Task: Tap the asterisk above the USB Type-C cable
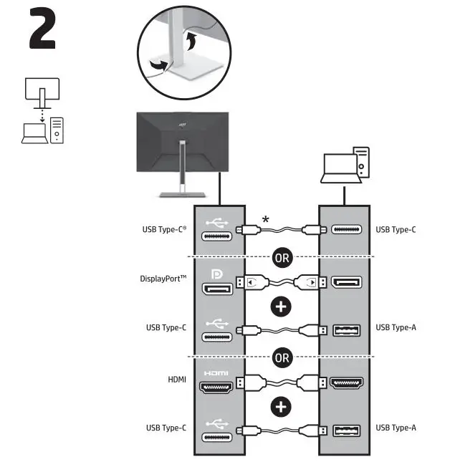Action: (266, 219)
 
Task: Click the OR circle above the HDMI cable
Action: (283, 356)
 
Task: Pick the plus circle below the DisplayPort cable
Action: (283, 307)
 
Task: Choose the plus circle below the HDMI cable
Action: (283, 406)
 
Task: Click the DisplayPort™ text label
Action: (164, 279)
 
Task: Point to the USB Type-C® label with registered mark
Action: (165, 231)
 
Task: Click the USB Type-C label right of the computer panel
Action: (396, 231)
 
